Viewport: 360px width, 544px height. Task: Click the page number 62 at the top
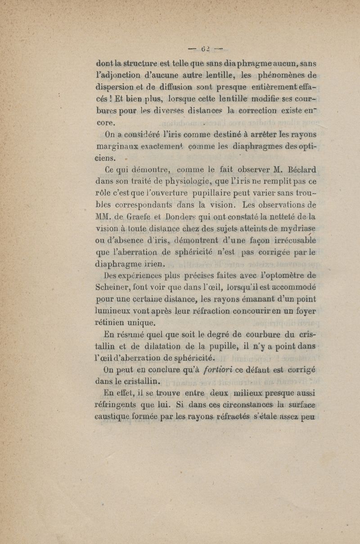(207, 48)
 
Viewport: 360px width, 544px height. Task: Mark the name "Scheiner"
(116, 288)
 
